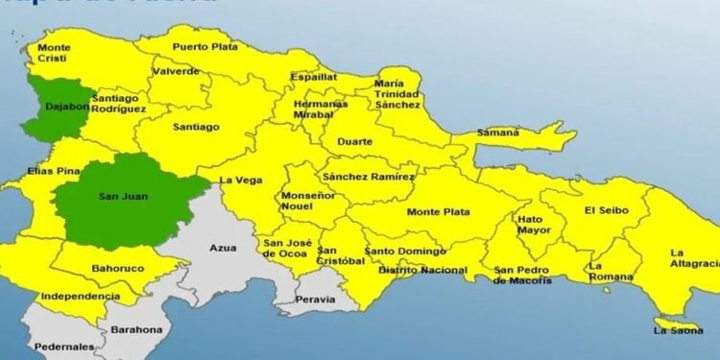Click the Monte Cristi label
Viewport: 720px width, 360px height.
click(54, 52)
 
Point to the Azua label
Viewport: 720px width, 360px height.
click(224, 248)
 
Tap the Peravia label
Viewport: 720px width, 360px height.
click(316, 299)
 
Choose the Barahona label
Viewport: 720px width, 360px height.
click(136, 329)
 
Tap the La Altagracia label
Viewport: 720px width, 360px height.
click(694, 258)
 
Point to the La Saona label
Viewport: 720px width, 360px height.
click(672, 330)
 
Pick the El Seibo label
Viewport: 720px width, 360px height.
click(604, 210)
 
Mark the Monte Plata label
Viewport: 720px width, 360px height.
click(437, 211)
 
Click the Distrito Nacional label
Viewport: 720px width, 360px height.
click(422, 271)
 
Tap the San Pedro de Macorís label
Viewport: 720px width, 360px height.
click(522, 276)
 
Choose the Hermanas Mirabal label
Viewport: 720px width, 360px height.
click(321, 108)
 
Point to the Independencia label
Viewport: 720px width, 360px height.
click(81, 296)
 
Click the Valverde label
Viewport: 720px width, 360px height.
click(178, 71)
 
